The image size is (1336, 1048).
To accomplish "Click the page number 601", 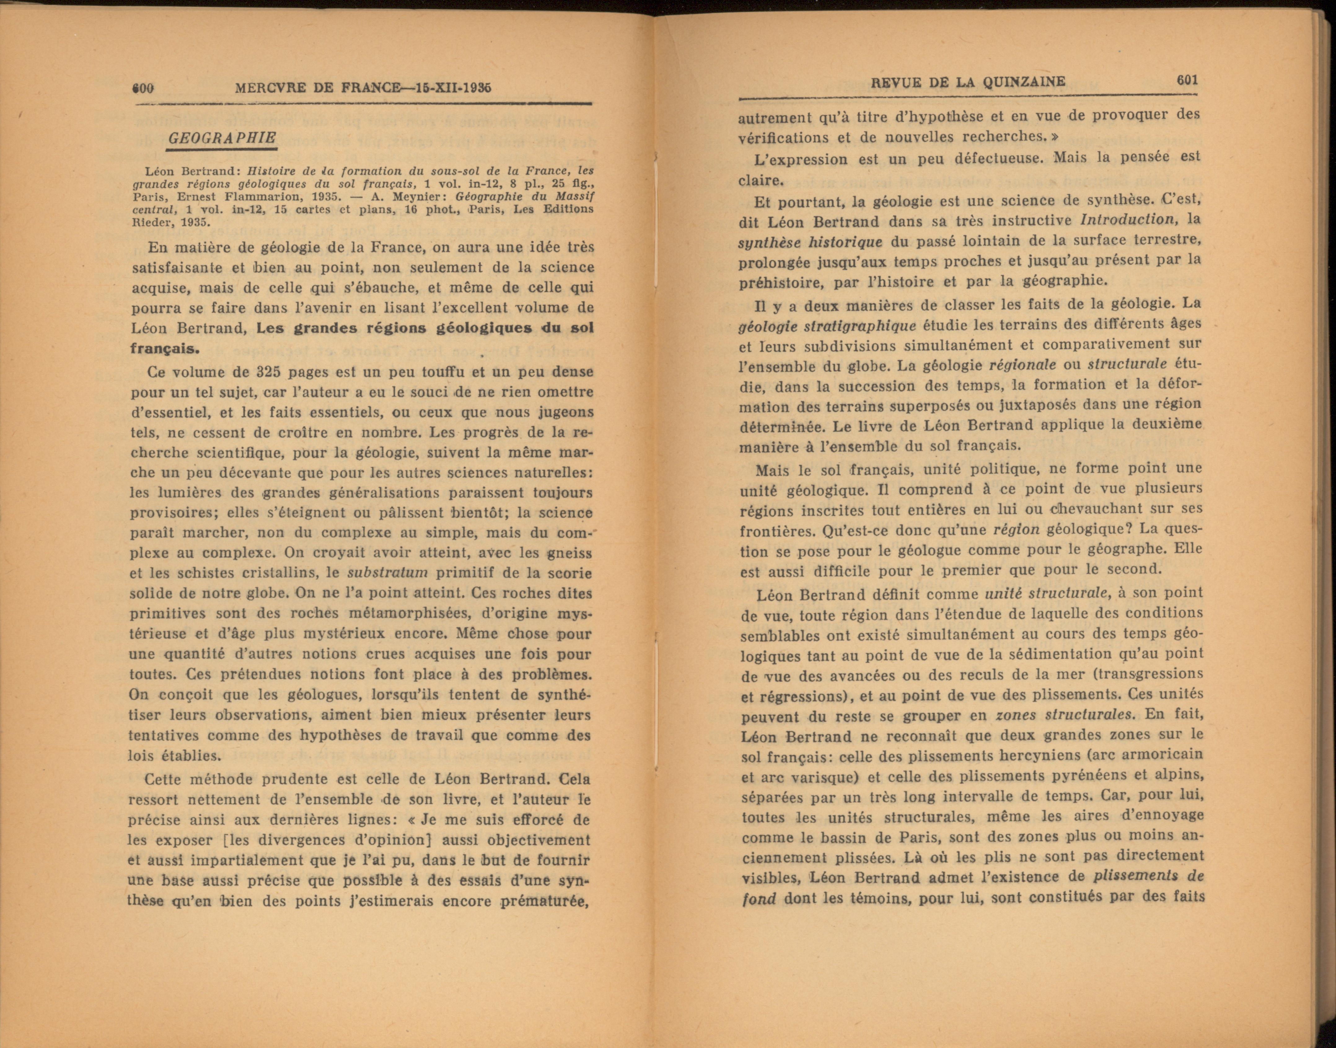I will (1187, 80).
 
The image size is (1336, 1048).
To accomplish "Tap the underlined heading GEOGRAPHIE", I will (222, 138).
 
